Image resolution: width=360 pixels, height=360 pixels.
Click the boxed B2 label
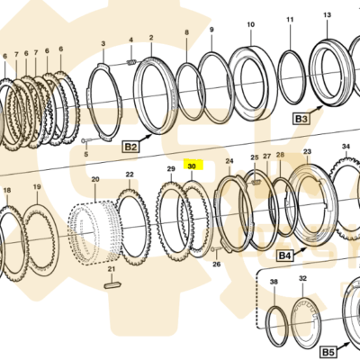[130, 147]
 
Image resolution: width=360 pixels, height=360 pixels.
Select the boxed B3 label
[301, 119]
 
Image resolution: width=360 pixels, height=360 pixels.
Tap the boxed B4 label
[285, 256]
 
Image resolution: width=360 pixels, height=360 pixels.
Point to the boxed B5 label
[328, 351]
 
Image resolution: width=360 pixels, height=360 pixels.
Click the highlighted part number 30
[192, 166]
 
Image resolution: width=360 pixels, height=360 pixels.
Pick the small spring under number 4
[131, 62]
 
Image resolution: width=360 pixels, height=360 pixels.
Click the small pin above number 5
[86, 140]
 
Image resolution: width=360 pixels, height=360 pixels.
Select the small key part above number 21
[112, 285]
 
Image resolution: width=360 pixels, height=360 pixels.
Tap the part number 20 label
[95, 180]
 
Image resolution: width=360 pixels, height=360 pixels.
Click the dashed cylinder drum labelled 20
[94, 232]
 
